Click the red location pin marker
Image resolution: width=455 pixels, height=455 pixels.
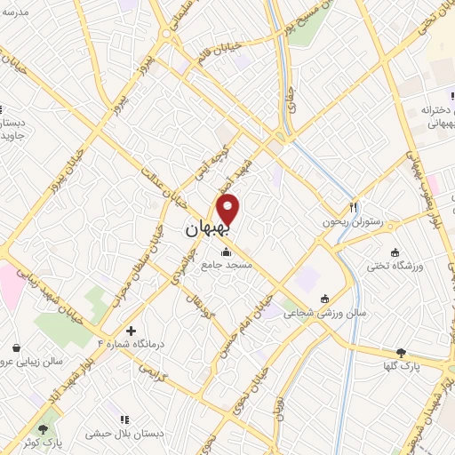(x=229, y=211)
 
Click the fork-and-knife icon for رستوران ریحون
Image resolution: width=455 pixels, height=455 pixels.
(x=354, y=207)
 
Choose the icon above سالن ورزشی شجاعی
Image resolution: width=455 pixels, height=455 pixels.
(x=324, y=298)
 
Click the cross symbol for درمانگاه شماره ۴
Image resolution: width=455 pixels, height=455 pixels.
(x=132, y=330)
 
